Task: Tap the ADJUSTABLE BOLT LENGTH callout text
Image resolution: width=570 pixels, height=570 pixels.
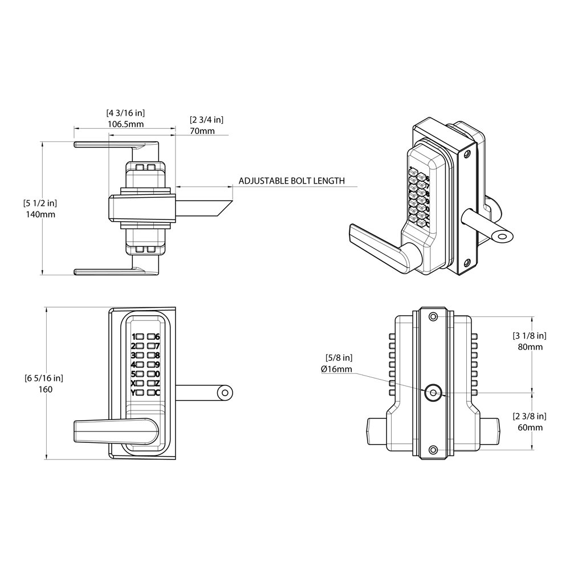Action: tap(291, 181)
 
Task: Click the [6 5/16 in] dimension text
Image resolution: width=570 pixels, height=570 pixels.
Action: tap(43, 378)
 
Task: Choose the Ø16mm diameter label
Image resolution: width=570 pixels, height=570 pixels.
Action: tap(337, 369)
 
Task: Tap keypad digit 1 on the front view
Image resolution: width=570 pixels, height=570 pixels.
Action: tap(133, 337)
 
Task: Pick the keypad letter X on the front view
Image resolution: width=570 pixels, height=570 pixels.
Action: tap(133, 383)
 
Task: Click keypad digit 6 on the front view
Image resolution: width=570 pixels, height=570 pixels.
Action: tap(157, 337)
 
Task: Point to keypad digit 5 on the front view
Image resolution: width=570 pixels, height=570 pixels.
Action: tap(133, 374)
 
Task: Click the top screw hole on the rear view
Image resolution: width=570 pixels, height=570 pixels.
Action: tap(433, 316)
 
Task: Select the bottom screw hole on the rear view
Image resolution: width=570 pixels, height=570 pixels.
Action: tap(433, 450)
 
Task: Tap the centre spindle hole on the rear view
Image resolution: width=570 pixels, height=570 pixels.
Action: tap(433, 392)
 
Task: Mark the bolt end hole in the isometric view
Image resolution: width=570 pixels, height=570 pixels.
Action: tap(502, 235)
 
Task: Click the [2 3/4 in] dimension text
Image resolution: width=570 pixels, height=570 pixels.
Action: tap(206, 120)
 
